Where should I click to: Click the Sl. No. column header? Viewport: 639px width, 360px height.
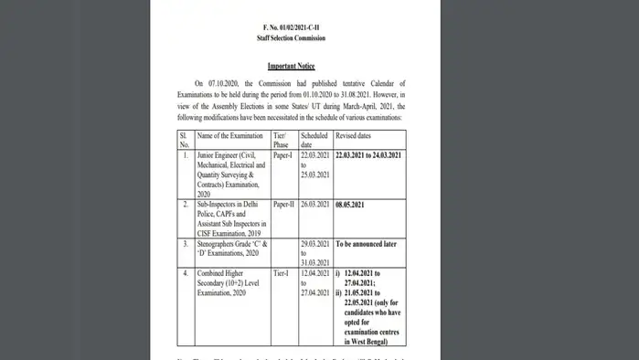click(185, 140)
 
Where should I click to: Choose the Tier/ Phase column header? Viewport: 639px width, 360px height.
click(282, 140)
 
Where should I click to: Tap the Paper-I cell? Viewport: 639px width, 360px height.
click(285, 157)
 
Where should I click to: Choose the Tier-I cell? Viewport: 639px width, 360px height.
click(282, 274)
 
